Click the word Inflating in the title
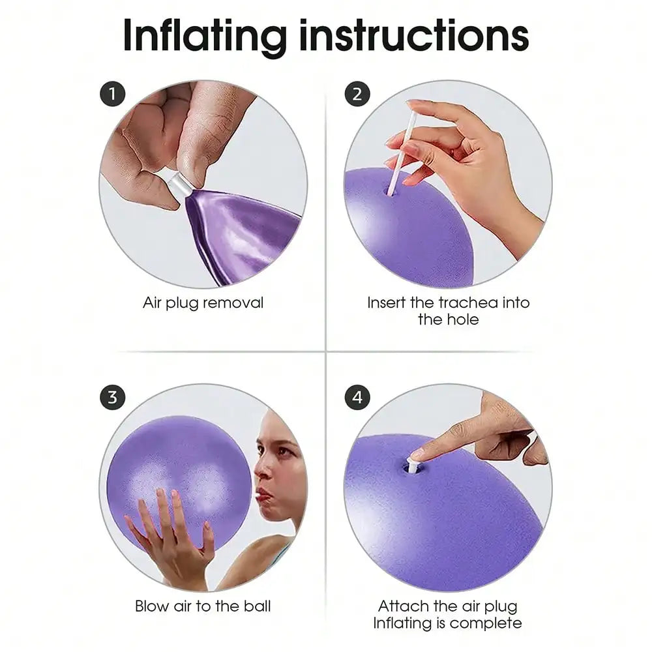(205, 37)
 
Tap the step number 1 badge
(112, 95)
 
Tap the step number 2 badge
(357, 95)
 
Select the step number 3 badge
(112, 398)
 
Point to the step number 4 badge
(357, 398)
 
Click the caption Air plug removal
(203, 303)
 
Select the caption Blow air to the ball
(203, 606)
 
